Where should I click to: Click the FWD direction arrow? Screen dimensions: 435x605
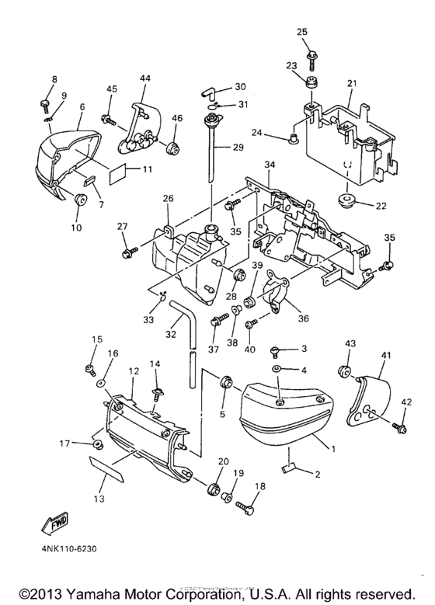55,525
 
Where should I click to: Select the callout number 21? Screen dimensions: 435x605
352,83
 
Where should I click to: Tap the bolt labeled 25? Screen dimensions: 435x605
311,60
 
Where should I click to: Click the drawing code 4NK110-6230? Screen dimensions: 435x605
67,548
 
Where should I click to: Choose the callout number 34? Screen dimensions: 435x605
270,165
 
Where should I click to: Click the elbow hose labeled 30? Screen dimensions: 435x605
211,93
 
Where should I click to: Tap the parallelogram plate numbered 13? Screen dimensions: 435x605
106,469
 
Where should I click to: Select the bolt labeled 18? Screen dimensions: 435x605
245,507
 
